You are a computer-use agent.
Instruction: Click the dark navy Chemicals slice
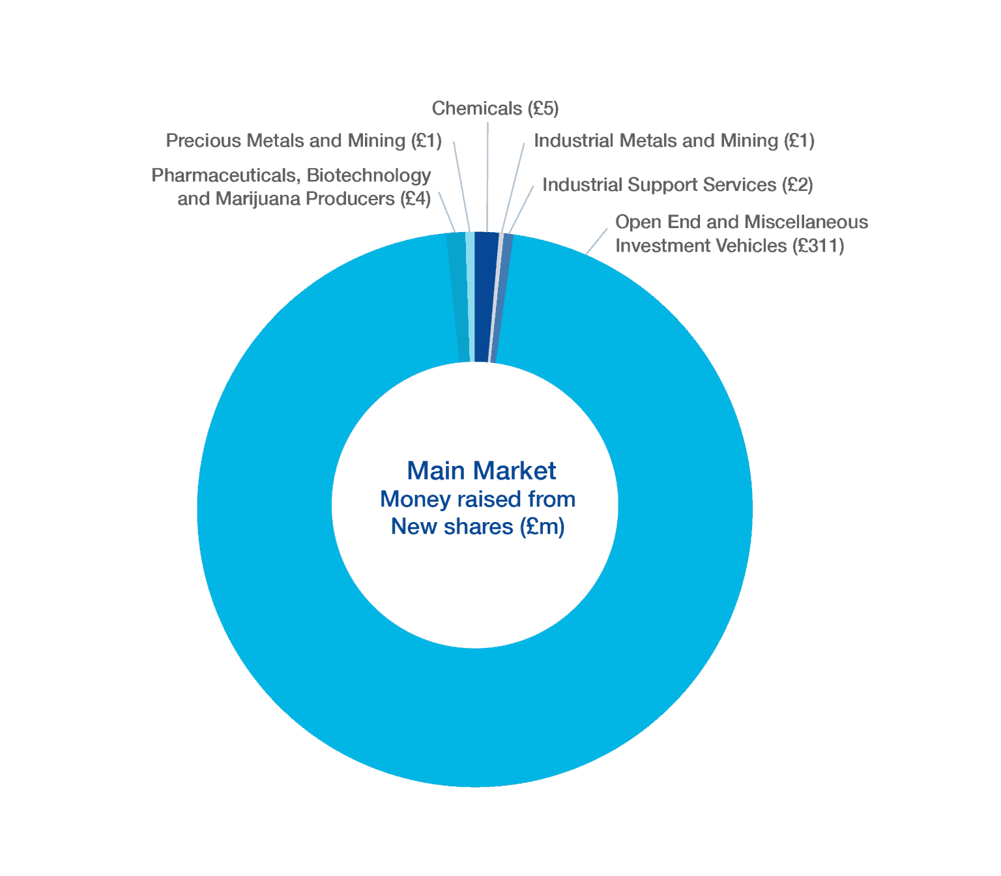click(484, 297)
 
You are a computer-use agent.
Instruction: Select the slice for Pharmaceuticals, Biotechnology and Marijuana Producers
click(458, 297)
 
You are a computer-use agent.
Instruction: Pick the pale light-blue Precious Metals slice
click(471, 297)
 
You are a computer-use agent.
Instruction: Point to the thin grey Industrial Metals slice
click(496, 298)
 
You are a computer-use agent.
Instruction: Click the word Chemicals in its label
click(476, 108)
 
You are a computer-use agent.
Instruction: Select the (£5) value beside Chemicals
click(543, 109)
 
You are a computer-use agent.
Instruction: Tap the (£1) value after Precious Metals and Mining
click(426, 141)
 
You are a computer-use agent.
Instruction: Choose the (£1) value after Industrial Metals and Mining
click(799, 141)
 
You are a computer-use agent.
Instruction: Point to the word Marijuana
click(258, 199)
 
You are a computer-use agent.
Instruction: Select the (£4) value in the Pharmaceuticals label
click(415, 199)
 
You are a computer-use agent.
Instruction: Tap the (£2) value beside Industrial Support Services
click(798, 185)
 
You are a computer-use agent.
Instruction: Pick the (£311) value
click(819, 246)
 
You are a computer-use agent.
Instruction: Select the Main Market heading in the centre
click(482, 471)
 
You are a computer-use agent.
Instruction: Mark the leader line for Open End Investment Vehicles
click(596, 241)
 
